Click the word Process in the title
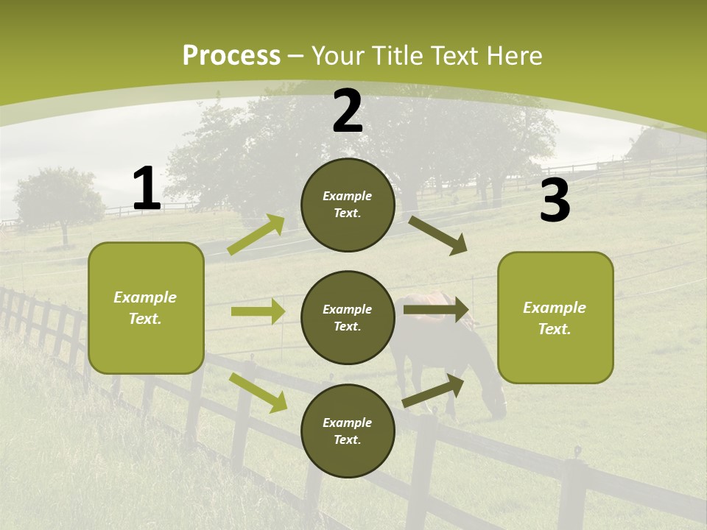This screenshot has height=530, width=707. (231, 56)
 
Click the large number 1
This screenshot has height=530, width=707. (147, 189)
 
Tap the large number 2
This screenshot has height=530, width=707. (348, 112)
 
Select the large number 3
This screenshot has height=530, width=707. (555, 201)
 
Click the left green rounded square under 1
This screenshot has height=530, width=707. (146, 308)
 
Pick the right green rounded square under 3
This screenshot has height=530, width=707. (555, 317)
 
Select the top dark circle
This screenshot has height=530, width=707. (348, 205)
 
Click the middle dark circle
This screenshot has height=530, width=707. (348, 317)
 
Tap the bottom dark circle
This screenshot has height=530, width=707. (348, 431)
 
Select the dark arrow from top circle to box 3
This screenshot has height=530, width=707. (438, 236)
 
